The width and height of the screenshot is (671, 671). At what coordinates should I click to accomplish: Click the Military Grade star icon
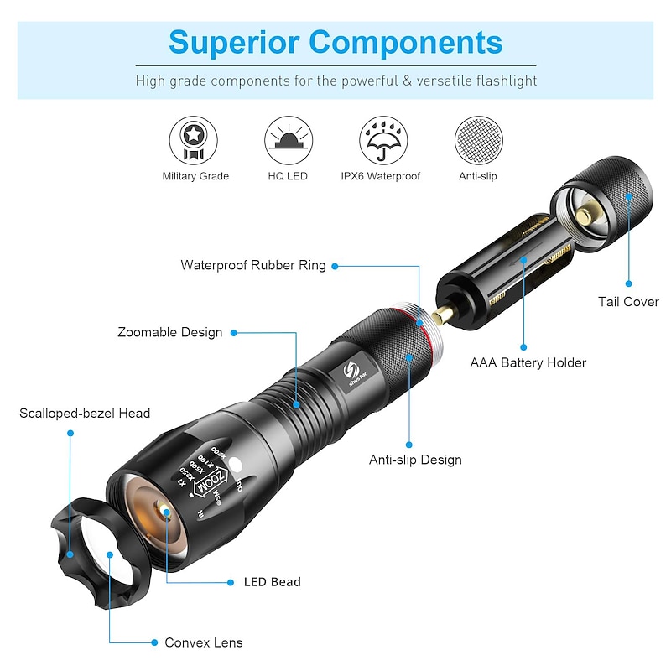point(195,140)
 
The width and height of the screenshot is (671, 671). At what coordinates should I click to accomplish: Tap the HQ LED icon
point(287,140)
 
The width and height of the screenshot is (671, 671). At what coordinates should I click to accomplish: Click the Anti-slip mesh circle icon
point(477,140)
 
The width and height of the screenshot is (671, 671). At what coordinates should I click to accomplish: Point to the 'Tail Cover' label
point(628,302)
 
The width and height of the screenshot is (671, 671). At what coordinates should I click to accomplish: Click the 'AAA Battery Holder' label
point(528,362)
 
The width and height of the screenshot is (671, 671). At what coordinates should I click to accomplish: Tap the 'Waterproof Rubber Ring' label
point(253,265)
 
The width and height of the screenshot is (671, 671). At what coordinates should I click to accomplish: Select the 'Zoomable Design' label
point(170,332)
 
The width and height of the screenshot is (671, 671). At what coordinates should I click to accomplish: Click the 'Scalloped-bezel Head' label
point(85,413)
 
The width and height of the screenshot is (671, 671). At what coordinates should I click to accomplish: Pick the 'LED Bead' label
point(272,581)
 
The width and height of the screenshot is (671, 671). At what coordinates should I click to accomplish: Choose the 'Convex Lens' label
point(203,642)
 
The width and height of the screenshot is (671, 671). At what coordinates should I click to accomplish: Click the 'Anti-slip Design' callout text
point(415,460)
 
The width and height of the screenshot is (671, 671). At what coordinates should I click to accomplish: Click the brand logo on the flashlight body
point(352,370)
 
